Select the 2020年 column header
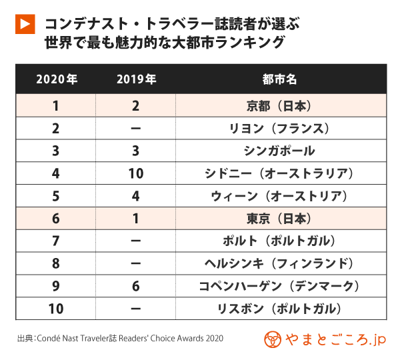tap(56, 79)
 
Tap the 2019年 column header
tap(136, 79)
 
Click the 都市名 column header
tap(280, 79)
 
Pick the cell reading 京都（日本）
tap(280, 106)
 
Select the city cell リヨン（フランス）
tap(280, 129)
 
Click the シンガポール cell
tap(280, 151)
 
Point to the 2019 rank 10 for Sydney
tap(136, 174)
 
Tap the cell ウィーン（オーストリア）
tap(280, 197)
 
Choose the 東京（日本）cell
tap(280, 219)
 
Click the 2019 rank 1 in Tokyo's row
tap(136, 219)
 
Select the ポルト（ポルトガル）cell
tap(280, 241)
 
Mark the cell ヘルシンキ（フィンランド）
tap(280, 264)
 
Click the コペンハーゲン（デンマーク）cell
tap(280, 287)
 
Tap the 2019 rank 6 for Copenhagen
tap(136, 287)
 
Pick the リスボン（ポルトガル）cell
tap(280, 309)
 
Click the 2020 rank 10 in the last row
tap(56, 309)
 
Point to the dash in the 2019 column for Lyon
tap(136, 129)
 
